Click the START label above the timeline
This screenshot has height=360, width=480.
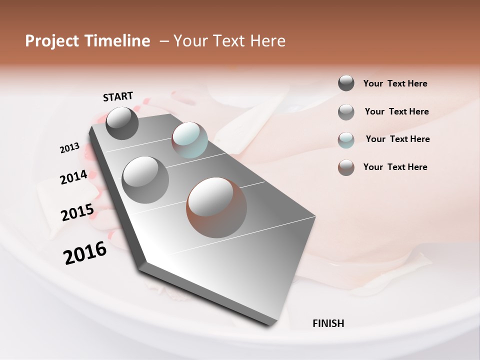point(118,96)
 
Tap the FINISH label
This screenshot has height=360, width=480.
point(328,323)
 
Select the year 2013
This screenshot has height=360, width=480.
point(70,148)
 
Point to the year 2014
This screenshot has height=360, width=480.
point(73,177)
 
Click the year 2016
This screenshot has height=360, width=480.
point(85,253)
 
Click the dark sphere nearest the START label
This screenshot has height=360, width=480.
point(122,123)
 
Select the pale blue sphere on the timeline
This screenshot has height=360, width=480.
point(189,139)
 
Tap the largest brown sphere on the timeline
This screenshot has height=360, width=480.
point(216,207)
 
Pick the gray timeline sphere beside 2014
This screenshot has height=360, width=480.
point(145,179)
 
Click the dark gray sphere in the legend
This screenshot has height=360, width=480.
point(346,83)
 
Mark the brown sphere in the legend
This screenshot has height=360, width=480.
point(346,167)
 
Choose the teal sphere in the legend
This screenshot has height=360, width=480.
point(346,140)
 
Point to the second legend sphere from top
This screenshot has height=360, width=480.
point(346,112)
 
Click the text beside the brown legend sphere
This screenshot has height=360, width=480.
point(395,167)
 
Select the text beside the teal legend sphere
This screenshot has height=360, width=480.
point(397,139)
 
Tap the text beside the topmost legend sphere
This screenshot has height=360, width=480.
point(395,83)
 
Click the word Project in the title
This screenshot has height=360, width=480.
point(52,41)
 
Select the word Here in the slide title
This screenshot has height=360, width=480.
point(267,41)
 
